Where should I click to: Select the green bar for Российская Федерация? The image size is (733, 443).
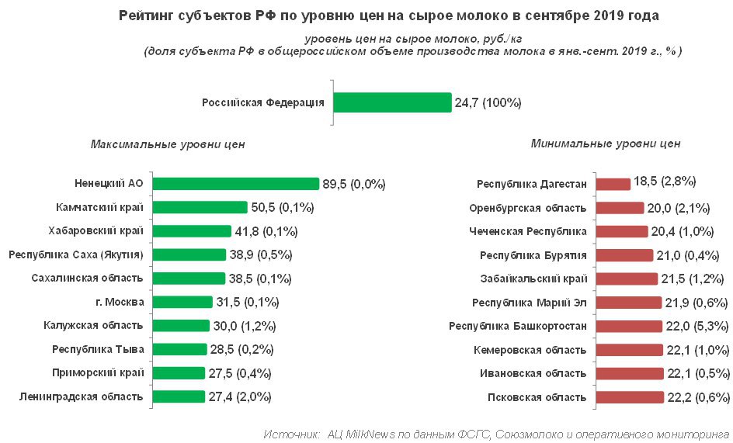392,102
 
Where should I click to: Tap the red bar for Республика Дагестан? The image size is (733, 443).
613,184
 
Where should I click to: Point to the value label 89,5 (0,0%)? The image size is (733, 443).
354,184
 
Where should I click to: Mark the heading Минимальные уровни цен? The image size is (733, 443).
606,144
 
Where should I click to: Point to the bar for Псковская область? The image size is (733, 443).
630,397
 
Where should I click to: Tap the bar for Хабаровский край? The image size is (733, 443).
192,231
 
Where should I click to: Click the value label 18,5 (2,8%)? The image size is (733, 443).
665,182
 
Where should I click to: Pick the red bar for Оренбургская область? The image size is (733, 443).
620,208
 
